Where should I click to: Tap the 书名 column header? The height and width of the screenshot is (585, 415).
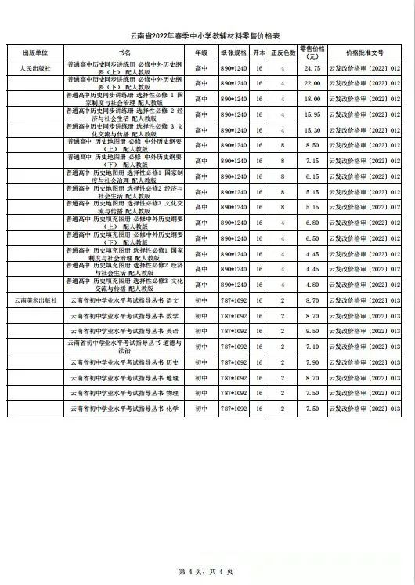coord(125,53)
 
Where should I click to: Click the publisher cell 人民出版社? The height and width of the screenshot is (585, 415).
coord(35,68)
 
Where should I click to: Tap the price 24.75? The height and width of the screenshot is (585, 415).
coord(312,68)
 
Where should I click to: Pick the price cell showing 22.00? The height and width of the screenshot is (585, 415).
coord(312,83)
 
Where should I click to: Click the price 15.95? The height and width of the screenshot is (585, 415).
coord(312,114)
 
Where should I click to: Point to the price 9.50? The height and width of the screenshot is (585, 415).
coord(312,331)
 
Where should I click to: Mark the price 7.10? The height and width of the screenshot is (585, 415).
coord(312,347)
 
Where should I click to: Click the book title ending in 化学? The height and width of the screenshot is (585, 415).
coord(125,409)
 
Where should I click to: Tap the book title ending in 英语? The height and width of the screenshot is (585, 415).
coord(125,331)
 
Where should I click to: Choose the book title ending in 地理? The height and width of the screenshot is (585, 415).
coord(125,377)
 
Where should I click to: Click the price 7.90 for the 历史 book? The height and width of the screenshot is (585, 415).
coord(312,362)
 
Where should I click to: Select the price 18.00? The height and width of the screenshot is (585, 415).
coord(312,99)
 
